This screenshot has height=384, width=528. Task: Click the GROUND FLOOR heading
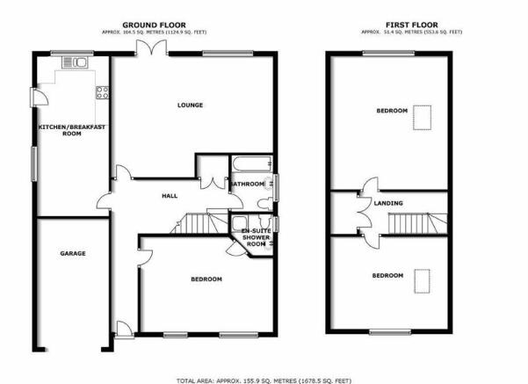(154, 25)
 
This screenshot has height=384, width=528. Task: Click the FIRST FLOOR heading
(411, 25)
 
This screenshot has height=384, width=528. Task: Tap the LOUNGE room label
(191, 105)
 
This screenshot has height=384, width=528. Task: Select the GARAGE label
(73, 253)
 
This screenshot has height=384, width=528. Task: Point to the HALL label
(170, 196)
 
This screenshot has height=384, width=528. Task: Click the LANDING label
(388, 203)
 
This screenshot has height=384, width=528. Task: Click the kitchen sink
(75, 62)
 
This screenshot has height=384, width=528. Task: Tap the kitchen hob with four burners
(103, 92)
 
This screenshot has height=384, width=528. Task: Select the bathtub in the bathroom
(251, 163)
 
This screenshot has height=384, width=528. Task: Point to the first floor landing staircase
(417, 223)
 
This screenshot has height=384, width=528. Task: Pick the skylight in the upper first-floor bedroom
(423, 118)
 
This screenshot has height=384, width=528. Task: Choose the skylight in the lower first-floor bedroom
(422, 281)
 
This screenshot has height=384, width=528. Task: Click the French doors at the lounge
(151, 47)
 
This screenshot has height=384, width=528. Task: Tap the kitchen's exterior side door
(39, 98)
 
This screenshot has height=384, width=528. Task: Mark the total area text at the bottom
(264, 380)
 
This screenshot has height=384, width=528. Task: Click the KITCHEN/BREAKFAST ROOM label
(72, 130)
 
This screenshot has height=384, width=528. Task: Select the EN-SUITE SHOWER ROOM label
(257, 237)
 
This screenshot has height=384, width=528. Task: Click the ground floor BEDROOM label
(206, 279)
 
